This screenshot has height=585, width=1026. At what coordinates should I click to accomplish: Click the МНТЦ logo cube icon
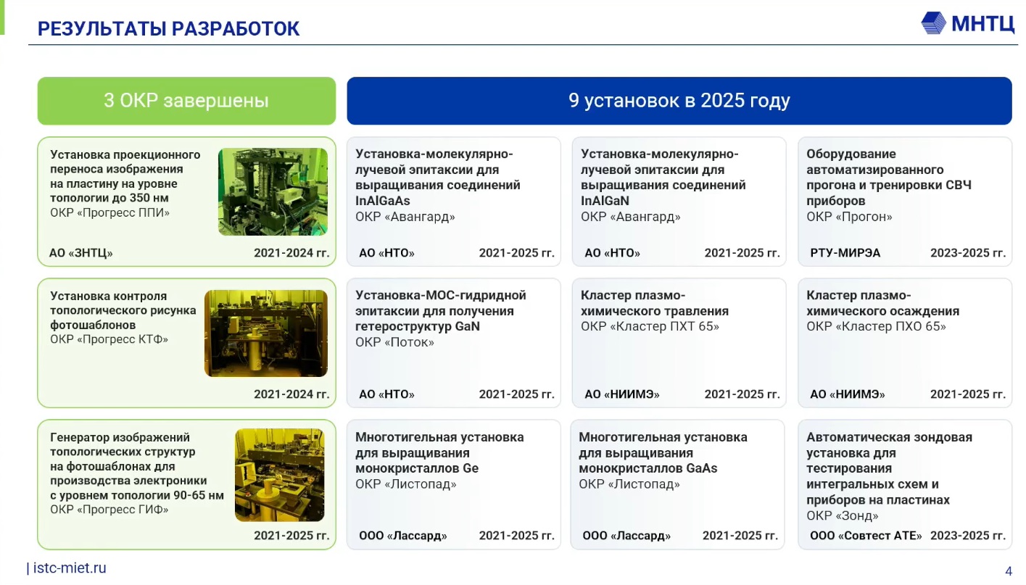pyautogui.click(x=933, y=23)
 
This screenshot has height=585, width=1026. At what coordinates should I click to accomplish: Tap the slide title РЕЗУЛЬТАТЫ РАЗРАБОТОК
pyautogui.click(x=168, y=29)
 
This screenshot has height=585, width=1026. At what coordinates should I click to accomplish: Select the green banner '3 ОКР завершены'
pyautogui.click(x=186, y=101)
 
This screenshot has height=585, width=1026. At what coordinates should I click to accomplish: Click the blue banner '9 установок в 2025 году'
pyautogui.click(x=679, y=101)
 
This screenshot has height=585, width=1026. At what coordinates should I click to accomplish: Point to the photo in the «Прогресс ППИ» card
pyautogui.click(x=273, y=192)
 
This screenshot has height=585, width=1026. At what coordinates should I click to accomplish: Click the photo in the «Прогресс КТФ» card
pyautogui.click(x=266, y=333)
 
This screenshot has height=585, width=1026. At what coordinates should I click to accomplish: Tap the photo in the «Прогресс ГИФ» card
pyautogui.click(x=280, y=475)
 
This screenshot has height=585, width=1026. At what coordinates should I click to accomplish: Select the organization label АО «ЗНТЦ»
pyautogui.click(x=81, y=253)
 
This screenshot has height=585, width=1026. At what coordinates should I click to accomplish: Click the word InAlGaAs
pyautogui.click(x=382, y=201)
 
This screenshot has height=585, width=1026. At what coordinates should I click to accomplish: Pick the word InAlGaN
pyautogui.click(x=605, y=201)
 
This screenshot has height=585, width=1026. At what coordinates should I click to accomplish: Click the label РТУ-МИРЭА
pyautogui.click(x=845, y=253)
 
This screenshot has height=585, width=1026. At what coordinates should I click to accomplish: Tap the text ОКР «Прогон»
pyautogui.click(x=850, y=217)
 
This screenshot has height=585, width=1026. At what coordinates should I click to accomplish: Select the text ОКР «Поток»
pyautogui.click(x=395, y=342)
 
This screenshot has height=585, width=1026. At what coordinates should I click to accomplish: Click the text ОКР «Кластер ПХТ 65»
pyautogui.click(x=650, y=326)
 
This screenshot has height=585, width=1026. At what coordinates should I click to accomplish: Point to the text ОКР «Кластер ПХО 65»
pyautogui.click(x=876, y=326)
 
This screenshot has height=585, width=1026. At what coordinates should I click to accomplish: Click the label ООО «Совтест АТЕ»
pyautogui.click(x=866, y=536)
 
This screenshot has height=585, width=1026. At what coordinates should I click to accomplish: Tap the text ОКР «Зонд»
pyautogui.click(x=843, y=516)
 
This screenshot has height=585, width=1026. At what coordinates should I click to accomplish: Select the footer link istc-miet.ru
pyautogui.click(x=70, y=568)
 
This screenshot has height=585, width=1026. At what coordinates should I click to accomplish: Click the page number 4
pyautogui.click(x=1008, y=571)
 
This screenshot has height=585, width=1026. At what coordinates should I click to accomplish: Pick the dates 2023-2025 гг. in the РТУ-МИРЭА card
pyautogui.click(x=968, y=253)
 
